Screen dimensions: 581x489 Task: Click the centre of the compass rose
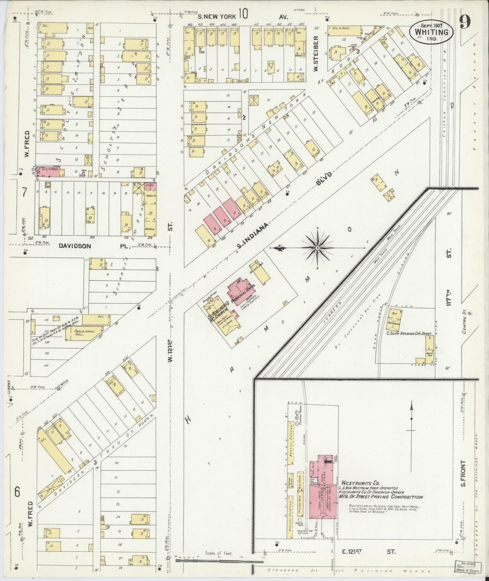pos(317,248)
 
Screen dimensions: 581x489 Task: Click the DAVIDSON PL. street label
pos(91,246)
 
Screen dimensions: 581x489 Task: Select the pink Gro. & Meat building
pos(48,171)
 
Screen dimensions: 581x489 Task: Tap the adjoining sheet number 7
pos(24,193)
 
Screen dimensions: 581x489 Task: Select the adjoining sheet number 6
pos(18,491)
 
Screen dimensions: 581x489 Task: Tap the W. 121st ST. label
pos(171,349)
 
